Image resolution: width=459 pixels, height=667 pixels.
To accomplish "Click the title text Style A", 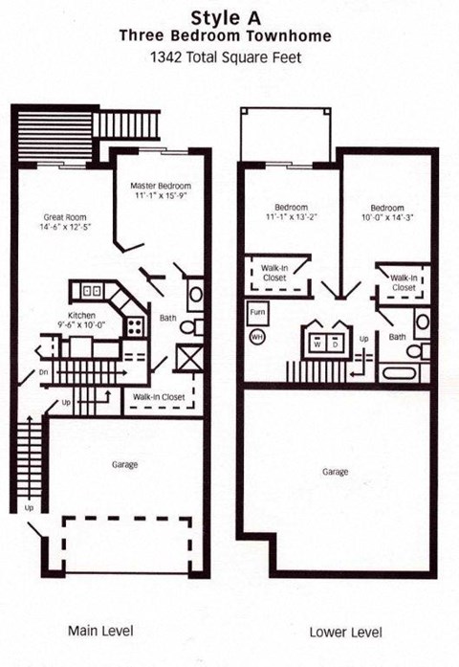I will click(x=228, y=17).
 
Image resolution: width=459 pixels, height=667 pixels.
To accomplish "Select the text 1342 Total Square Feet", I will click(x=228, y=56).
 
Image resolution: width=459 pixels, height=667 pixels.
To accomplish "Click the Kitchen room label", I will click(x=80, y=315).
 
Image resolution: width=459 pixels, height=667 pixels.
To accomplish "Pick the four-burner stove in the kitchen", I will click(x=135, y=325).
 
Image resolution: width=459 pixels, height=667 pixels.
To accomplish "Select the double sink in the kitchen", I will click(x=92, y=289).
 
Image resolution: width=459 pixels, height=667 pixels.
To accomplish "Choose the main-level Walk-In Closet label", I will click(x=158, y=394).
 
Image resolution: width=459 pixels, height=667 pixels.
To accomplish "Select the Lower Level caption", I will click(x=345, y=633).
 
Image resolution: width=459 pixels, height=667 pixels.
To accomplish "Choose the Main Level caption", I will click(x=100, y=630).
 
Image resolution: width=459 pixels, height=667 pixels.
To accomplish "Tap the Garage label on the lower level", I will click(x=335, y=472).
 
